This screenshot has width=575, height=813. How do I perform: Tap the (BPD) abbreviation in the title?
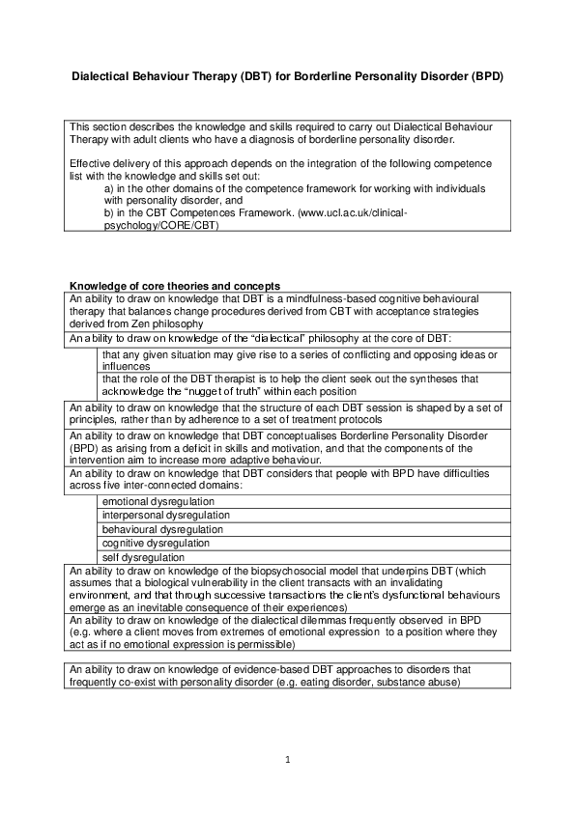pos(486,74)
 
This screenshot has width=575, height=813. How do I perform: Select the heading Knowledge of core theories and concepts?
pos(174,286)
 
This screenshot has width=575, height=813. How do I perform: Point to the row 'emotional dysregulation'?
pos(158,502)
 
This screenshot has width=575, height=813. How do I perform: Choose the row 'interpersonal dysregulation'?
pos(165,516)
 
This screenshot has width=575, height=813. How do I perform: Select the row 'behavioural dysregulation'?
pos(162,530)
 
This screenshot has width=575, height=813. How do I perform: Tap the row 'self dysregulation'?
pos(142,558)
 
